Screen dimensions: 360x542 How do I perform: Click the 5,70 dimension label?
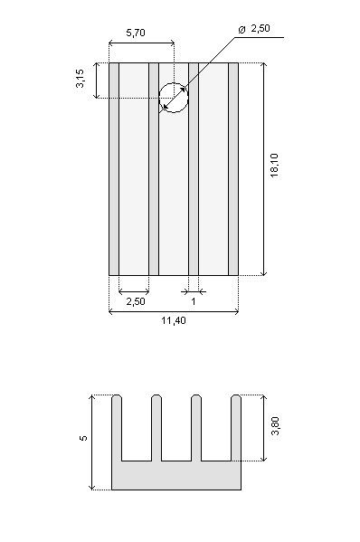pos(136,33)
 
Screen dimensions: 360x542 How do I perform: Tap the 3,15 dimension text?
pos(80,79)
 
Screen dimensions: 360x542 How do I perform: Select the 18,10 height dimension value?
pos(275,166)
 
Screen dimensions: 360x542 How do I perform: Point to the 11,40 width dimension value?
pos(174,321)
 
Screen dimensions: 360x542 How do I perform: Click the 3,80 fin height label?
pos(275,426)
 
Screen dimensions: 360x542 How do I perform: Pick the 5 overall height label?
pos(83,438)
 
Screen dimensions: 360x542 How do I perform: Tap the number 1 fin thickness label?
pos(194,301)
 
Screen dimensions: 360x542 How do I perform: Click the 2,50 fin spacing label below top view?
pos(136,301)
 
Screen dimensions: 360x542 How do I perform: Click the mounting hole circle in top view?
pos(174,83)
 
